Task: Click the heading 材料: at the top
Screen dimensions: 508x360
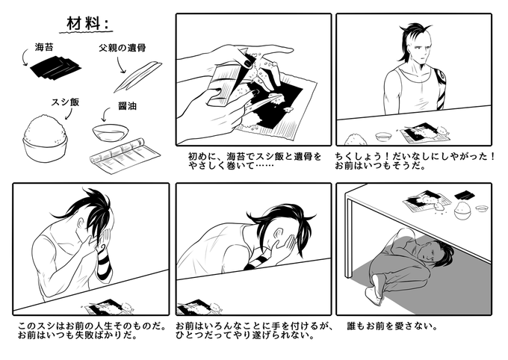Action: tap(87, 24)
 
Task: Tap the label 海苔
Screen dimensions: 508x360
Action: tap(44, 47)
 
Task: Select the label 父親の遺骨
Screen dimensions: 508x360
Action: tap(122, 48)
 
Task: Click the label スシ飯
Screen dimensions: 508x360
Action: tap(65, 102)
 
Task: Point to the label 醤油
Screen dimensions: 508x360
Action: tap(127, 106)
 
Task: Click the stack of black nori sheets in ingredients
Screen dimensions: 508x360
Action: tap(56, 68)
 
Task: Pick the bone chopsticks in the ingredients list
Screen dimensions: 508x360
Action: tap(137, 76)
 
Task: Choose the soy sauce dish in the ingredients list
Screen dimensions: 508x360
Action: tap(110, 132)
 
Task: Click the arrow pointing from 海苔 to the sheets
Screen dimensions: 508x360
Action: tap(25, 58)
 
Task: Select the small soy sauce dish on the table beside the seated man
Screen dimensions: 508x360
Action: tap(382, 137)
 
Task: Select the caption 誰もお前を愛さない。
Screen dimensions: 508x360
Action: tap(393, 326)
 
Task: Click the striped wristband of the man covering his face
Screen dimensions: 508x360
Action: tap(105, 265)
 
